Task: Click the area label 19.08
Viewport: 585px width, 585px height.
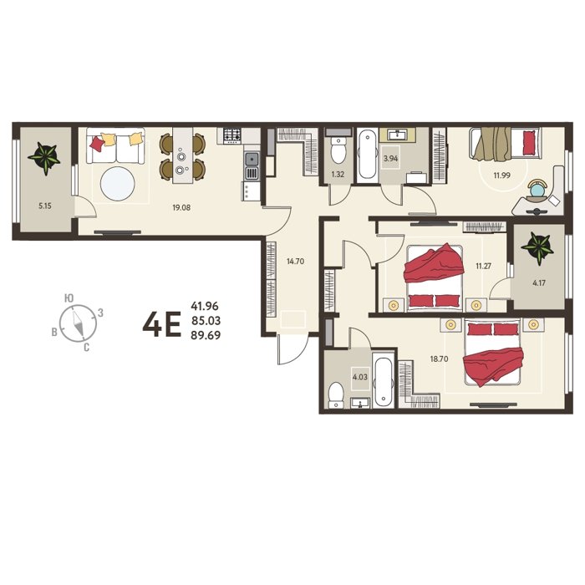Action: pos(181,207)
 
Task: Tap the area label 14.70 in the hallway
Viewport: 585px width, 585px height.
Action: pos(295,262)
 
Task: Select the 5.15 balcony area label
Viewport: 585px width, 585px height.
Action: pos(45,206)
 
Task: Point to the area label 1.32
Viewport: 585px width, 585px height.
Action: pos(338,174)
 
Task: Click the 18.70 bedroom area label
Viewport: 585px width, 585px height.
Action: pos(439,359)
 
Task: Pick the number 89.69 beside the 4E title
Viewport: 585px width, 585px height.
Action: pos(206,335)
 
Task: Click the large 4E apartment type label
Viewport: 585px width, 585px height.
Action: pos(161,324)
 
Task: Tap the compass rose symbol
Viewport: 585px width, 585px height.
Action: pos(78,323)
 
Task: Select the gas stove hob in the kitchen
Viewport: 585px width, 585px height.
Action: pos(231,135)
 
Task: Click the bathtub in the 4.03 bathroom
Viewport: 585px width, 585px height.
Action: pos(383,383)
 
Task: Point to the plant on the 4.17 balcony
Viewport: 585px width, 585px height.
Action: pos(537,247)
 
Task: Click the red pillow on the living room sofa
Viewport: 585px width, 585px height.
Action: pos(97,144)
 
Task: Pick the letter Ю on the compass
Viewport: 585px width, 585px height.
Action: pos(69,298)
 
